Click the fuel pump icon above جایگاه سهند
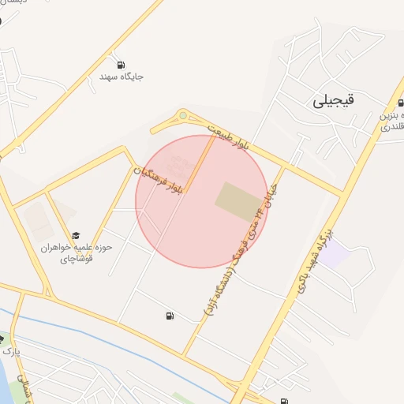[x=120, y=65]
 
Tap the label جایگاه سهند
[x=121, y=77]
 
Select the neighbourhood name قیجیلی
[x=334, y=100]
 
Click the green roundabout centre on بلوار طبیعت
[x=183, y=117]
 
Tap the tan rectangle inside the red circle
[x=239, y=200]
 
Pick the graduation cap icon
[x=77, y=235]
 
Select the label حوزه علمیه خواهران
[x=77, y=247]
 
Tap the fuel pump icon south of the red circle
[x=170, y=316]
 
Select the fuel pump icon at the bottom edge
[x=283, y=400]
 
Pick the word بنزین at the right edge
[x=391, y=114]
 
